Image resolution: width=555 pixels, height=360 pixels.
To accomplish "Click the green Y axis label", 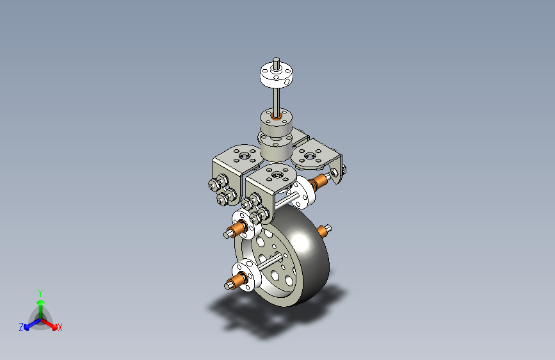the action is [40, 293].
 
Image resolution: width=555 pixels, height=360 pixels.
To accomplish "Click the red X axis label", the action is [60, 327].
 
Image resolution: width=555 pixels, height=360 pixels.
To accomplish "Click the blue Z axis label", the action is [21, 327].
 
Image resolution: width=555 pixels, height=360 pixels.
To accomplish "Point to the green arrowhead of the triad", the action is [41, 302].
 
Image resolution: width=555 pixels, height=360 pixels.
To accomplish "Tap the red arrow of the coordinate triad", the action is [49, 324].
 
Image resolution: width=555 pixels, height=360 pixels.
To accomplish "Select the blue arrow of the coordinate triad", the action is [33, 324].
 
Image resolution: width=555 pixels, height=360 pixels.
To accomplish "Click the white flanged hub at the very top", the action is [277, 74].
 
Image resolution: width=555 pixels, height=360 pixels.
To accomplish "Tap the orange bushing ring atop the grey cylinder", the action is [276, 116].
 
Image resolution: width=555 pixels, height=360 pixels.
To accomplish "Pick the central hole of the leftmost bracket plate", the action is [243, 156].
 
